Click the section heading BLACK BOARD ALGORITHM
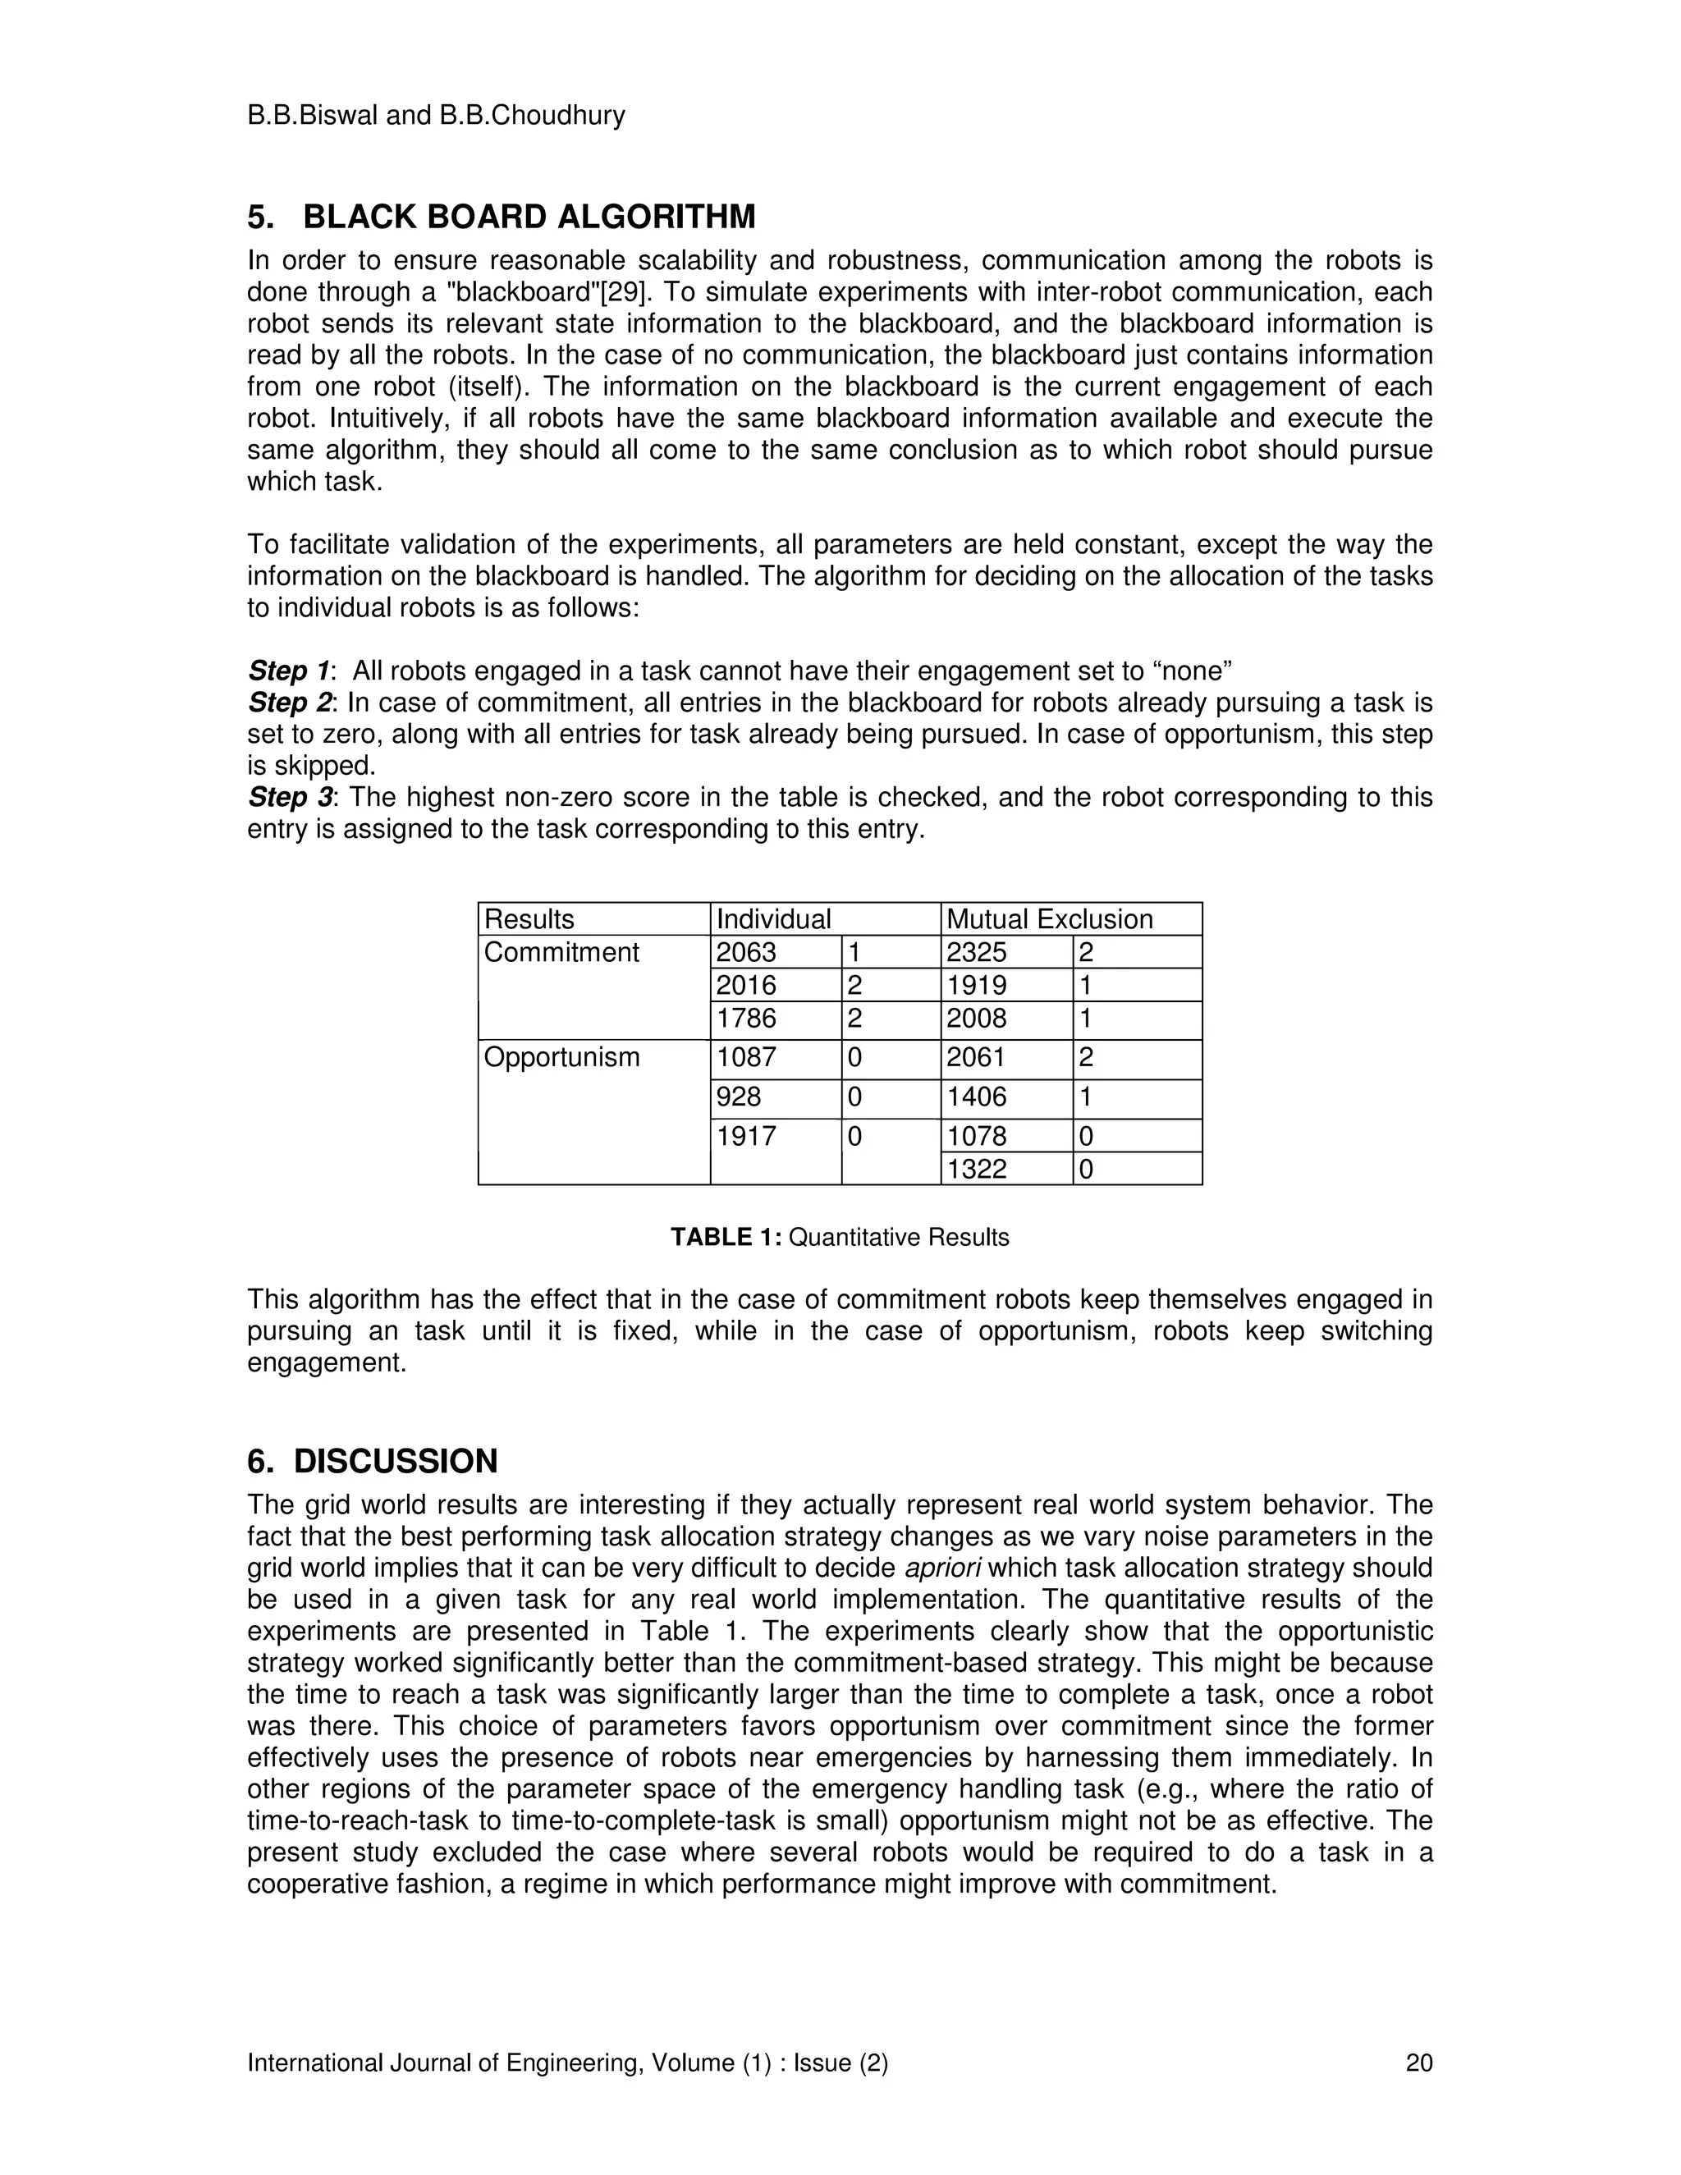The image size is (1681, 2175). pos(529,217)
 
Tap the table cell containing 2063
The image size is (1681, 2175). pos(746,952)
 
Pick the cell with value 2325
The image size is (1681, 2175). pos(977,952)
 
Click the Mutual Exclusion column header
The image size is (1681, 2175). pos(1049,919)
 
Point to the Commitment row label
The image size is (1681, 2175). pos(561,952)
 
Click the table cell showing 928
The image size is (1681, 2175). pos(739,1097)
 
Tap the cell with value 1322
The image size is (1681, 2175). pos(977,1169)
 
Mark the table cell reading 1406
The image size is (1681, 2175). pos(977,1097)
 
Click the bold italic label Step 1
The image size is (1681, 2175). pos(289,671)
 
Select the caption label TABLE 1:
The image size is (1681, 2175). pos(726,1237)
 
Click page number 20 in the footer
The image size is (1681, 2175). pos(1418,2063)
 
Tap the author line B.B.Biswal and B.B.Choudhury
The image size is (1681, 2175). pos(436,116)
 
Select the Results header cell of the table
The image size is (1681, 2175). pos(529,919)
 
